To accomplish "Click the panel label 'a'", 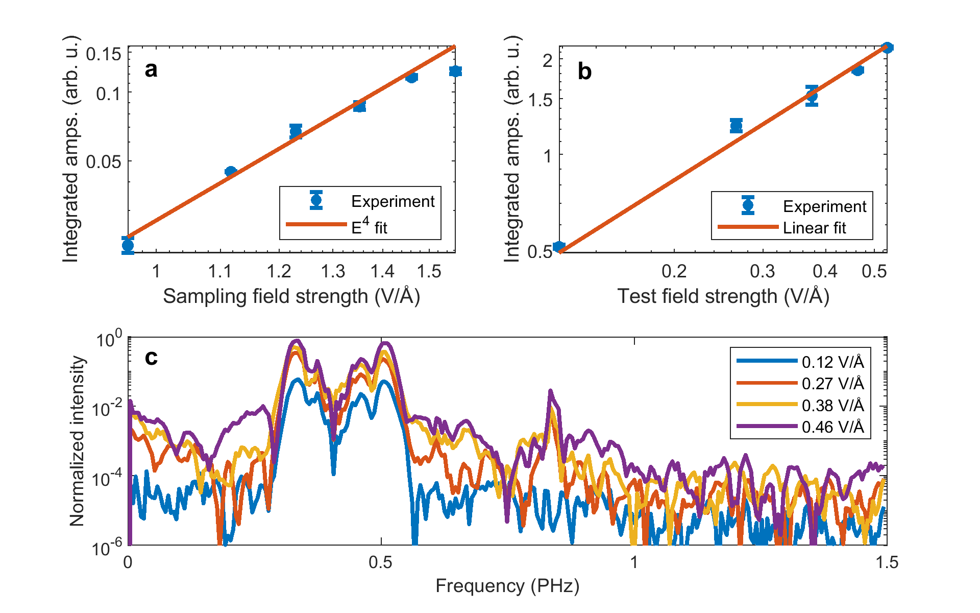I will pyautogui.click(x=151, y=69).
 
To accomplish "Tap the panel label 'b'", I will pyautogui.click(x=584, y=72).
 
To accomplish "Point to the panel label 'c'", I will pyautogui.click(x=151, y=357).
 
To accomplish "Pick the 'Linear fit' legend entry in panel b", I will pyautogui.click(x=814, y=228).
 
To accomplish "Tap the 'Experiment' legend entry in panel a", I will pyautogui.click(x=393, y=201).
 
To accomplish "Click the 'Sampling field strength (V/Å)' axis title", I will pyautogui.click(x=291, y=296).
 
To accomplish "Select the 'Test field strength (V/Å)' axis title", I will pyautogui.click(x=723, y=296).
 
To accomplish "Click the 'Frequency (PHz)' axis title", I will pyautogui.click(x=507, y=586).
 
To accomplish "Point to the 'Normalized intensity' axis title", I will pyautogui.click(x=77, y=441).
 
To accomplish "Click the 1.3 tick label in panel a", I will pyautogui.click(x=333, y=271).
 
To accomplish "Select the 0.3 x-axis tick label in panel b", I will pyautogui.click(x=762, y=271).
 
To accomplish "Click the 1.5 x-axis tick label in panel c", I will pyautogui.click(x=887, y=562).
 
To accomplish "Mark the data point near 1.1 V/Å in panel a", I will pyautogui.click(x=231, y=172).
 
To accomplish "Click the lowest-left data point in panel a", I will pyautogui.click(x=128, y=245).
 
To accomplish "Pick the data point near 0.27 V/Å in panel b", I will pyautogui.click(x=736, y=125).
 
